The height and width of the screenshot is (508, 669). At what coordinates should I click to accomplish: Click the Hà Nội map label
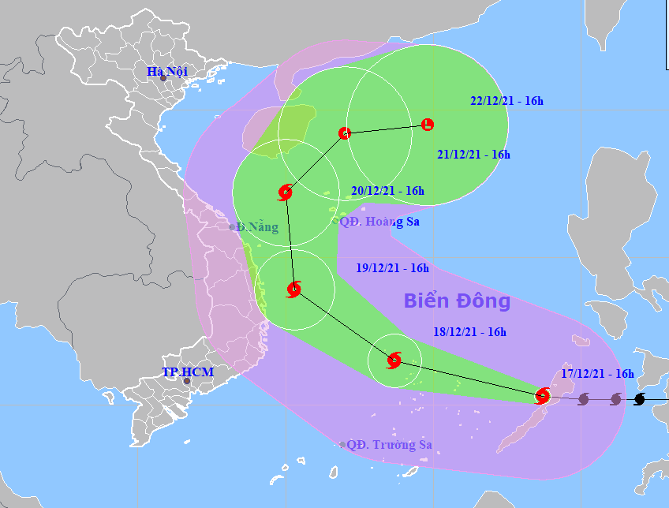pos(166,72)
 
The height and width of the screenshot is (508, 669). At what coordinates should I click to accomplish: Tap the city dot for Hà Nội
pos(163,78)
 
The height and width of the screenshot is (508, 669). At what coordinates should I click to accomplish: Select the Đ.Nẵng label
pos(257,227)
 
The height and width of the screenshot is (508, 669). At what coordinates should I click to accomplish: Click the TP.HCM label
pos(183,372)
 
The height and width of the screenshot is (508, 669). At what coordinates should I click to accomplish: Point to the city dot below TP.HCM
pos(187,381)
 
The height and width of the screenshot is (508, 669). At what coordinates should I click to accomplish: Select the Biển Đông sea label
pos(457,301)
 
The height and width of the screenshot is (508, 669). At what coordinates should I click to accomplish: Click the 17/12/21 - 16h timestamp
pos(598,373)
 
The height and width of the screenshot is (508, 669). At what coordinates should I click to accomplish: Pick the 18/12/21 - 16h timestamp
pos(469,332)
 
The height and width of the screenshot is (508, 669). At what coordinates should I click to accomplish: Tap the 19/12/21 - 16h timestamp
pos(392,268)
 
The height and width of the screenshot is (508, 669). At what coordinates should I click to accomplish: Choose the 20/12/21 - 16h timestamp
pos(387,190)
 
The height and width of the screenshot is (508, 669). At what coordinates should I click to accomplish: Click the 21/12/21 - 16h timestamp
pos(473,155)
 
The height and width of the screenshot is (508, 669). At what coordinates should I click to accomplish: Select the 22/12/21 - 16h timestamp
pos(506,100)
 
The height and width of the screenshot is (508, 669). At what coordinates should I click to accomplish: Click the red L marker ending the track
pos(427,124)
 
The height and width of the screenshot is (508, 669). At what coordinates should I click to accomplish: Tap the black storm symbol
pos(640,399)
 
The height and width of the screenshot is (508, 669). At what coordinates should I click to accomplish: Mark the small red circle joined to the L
pos(344,133)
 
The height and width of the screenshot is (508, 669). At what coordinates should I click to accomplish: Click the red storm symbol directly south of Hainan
pos(286,192)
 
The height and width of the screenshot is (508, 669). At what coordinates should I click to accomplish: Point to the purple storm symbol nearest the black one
pos(615,399)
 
